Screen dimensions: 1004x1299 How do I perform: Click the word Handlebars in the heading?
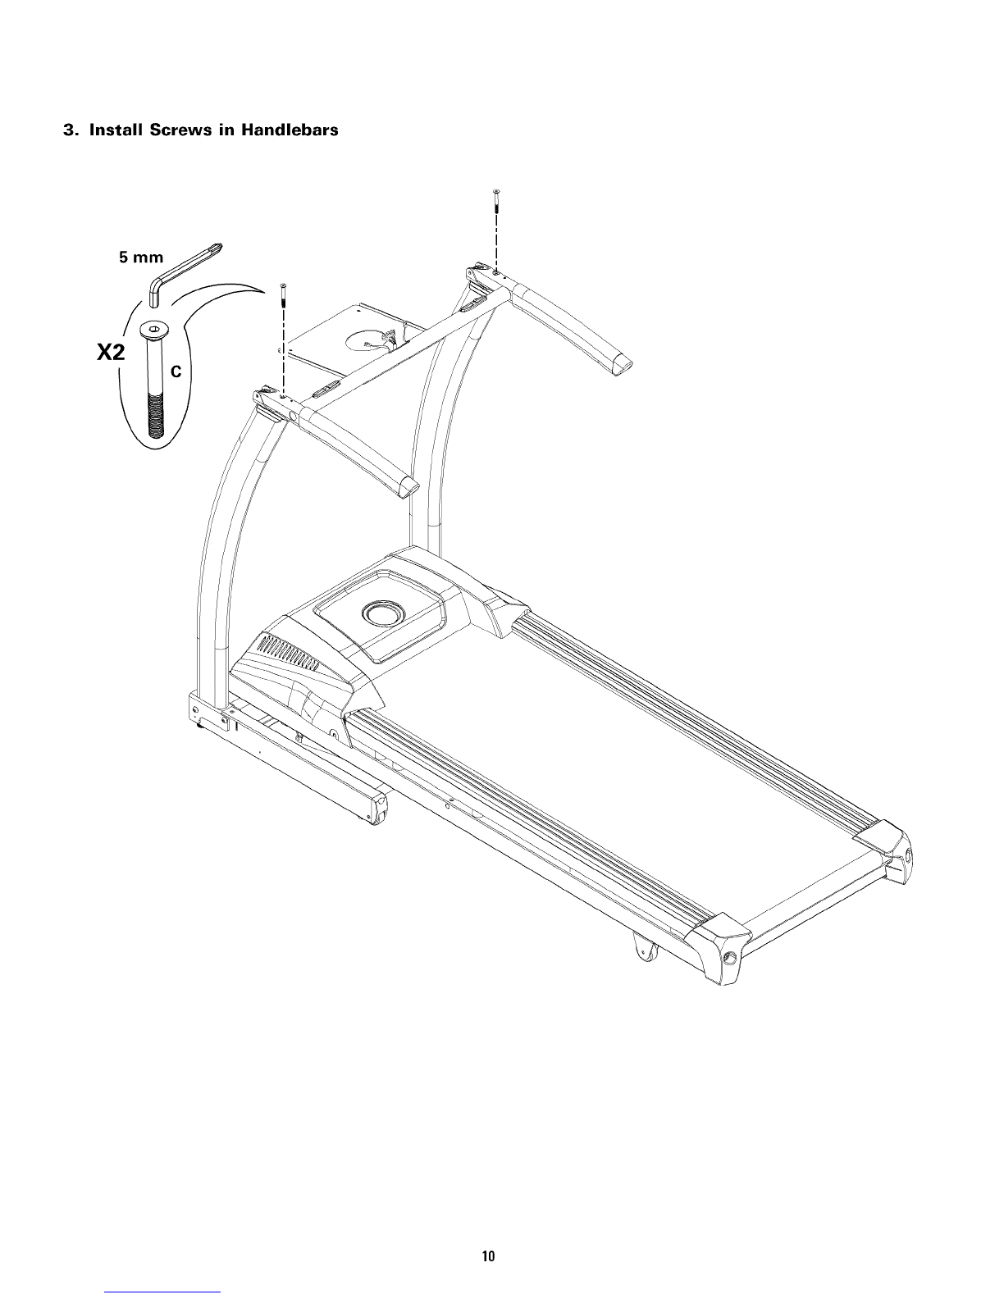point(290,130)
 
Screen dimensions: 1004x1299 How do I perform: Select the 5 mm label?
point(141,258)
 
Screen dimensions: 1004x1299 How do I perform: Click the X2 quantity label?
point(112,353)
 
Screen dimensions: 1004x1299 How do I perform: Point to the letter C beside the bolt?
point(176,371)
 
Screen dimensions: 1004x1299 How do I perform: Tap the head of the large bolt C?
point(153,330)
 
